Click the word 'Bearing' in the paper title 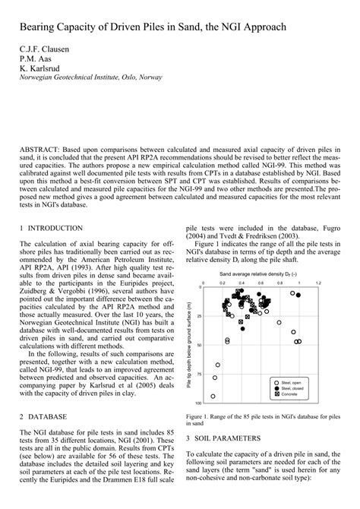[41, 28]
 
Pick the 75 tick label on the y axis [199, 374]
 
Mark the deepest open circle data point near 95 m [213, 396]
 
